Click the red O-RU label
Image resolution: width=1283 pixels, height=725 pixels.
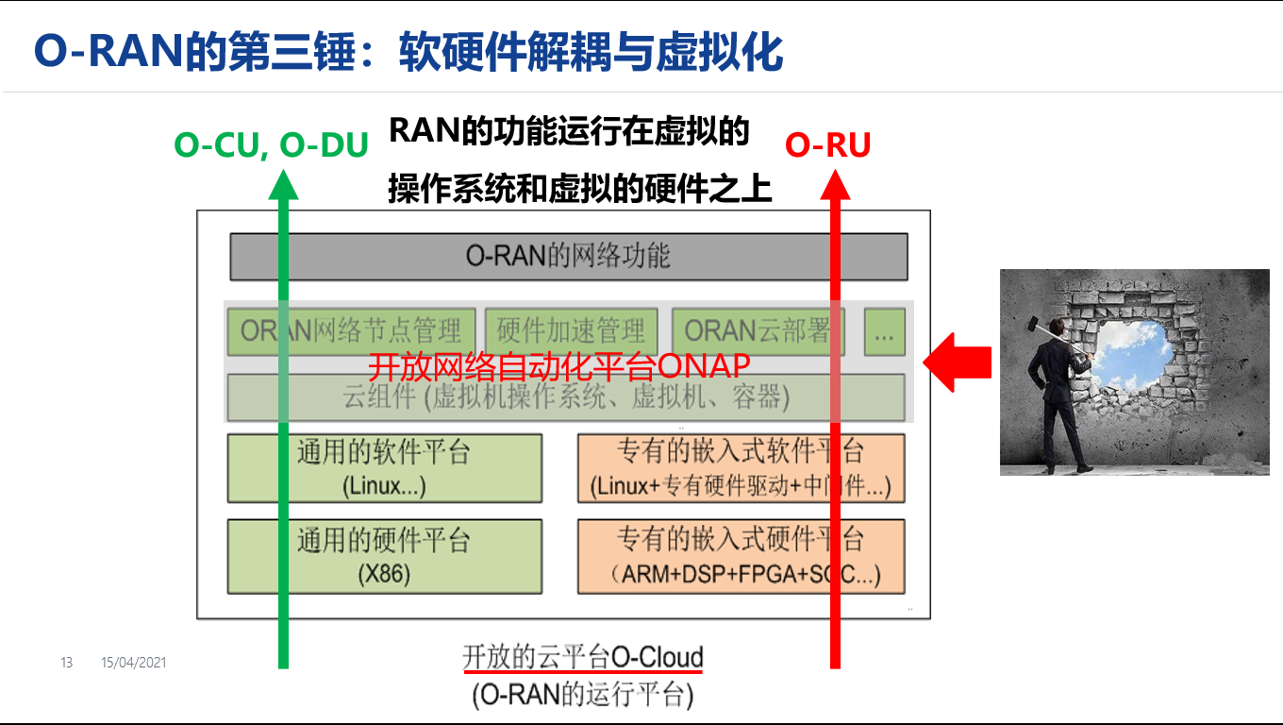pyautogui.click(x=827, y=144)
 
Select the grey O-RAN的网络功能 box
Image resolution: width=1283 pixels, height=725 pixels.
pyautogui.click(x=568, y=256)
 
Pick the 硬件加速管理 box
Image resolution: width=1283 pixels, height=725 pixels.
pyautogui.click(x=571, y=330)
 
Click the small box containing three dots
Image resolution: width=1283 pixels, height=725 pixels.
pyautogui.click(x=884, y=332)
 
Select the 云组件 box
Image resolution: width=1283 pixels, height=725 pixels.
pyautogui.click(x=566, y=397)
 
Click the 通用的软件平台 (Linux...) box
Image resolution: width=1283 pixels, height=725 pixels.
pyautogui.click(x=384, y=468)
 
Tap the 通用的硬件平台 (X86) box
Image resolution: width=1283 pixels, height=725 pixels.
pyautogui.click(x=384, y=556)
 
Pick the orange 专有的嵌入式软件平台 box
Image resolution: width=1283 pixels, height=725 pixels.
pyautogui.click(x=741, y=468)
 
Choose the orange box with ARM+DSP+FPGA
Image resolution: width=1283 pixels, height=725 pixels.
pyautogui.click(x=741, y=556)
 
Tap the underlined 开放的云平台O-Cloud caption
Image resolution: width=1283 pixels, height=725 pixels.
pyautogui.click(x=583, y=656)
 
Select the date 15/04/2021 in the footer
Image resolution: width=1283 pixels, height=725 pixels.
pyautogui.click(x=133, y=663)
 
